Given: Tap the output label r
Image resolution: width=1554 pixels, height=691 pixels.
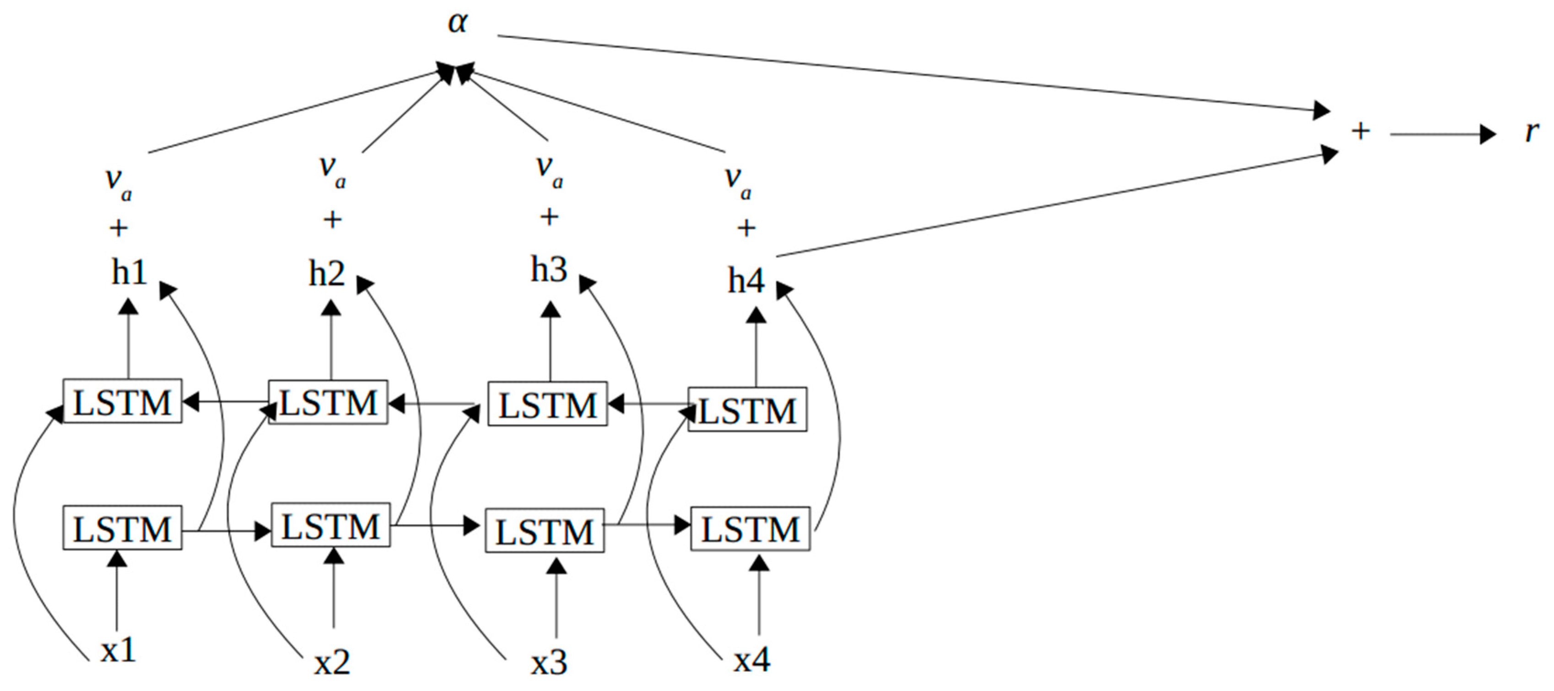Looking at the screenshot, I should point(1531,131).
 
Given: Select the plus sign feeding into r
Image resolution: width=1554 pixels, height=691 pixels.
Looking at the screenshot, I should point(1360,131).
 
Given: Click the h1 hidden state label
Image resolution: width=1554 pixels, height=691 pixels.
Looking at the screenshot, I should point(129,273).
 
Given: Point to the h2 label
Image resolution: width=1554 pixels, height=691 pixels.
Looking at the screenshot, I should point(327,275).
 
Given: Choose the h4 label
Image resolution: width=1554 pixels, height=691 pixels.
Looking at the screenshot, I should point(746,281).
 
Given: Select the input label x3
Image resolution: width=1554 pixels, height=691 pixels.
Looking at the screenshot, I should point(549,663).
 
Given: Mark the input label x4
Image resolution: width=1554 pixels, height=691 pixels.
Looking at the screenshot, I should point(752,661).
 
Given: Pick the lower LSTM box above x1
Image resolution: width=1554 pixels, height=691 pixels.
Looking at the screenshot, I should point(122,528).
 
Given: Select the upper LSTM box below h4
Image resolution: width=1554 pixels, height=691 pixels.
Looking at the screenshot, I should point(747,410).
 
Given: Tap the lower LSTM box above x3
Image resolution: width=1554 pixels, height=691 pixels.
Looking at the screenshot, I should point(545,531).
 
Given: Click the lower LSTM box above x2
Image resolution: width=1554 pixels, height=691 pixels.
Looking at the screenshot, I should point(331,526).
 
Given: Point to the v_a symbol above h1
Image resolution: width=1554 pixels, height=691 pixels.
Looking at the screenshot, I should point(118,181).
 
